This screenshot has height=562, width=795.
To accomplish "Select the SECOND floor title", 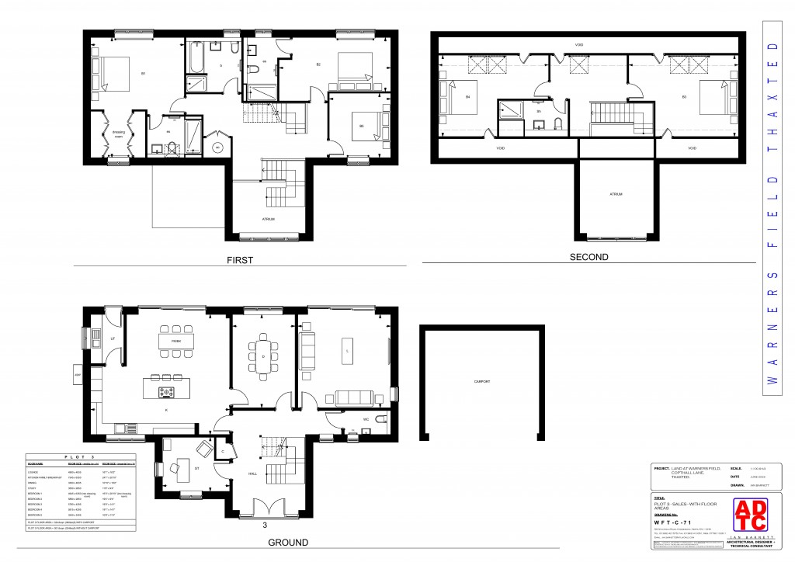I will tap(589, 257).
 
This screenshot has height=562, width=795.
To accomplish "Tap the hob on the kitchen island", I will tap(167, 391).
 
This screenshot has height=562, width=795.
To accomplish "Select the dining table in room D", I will tap(263, 356).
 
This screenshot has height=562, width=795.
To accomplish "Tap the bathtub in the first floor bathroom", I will tap(195, 57).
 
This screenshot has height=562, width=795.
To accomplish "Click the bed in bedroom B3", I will tap(712, 97).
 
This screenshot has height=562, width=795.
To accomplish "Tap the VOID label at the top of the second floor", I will tap(579, 45).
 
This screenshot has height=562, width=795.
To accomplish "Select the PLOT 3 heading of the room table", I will tap(82, 459).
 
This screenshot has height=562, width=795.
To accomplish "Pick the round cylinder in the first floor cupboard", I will tap(217, 146).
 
